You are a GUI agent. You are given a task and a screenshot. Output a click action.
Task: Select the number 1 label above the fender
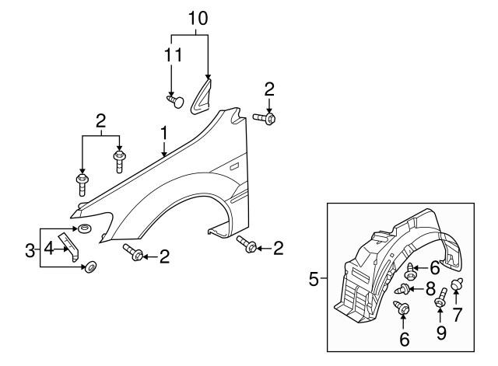click(x=164, y=134)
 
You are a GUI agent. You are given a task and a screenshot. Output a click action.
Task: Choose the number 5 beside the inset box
click(x=314, y=278)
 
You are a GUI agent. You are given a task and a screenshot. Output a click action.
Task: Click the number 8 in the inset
click(x=430, y=289)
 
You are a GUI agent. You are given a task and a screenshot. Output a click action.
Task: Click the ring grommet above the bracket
click(x=83, y=229)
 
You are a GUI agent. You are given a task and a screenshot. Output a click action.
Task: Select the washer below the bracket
click(x=90, y=267)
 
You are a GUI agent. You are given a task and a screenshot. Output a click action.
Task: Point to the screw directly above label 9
click(x=440, y=298)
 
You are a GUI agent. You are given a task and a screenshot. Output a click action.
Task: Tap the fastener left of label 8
click(x=402, y=291)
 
